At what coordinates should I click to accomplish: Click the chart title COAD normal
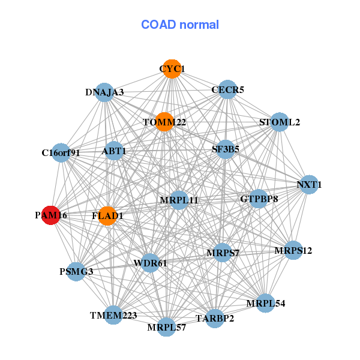tap(180, 25)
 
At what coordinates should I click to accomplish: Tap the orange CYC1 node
tap(172, 69)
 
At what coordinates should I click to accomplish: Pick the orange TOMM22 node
tap(164, 122)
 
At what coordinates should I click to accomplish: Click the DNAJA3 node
tap(104, 92)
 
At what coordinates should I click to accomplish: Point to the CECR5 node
tap(227, 90)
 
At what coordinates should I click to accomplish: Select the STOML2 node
tap(280, 122)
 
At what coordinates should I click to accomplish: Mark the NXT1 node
tap(308, 185)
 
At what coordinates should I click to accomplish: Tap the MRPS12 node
tap(293, 250)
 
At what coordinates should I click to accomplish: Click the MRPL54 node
tap(265, 303)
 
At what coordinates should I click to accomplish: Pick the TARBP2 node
tap(215, 318)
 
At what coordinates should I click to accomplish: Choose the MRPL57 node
tap(167, 328)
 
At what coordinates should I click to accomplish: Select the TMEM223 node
tap(114, 315)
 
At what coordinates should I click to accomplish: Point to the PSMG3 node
tap(76, 272)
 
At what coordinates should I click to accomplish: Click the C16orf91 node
tap(61, 152)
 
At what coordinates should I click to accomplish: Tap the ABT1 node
tap(114, 151)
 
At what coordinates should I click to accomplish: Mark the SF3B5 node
tap(225, 149)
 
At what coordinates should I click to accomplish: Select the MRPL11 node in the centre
tap(179, 200)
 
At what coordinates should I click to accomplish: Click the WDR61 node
tap(150, 263)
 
